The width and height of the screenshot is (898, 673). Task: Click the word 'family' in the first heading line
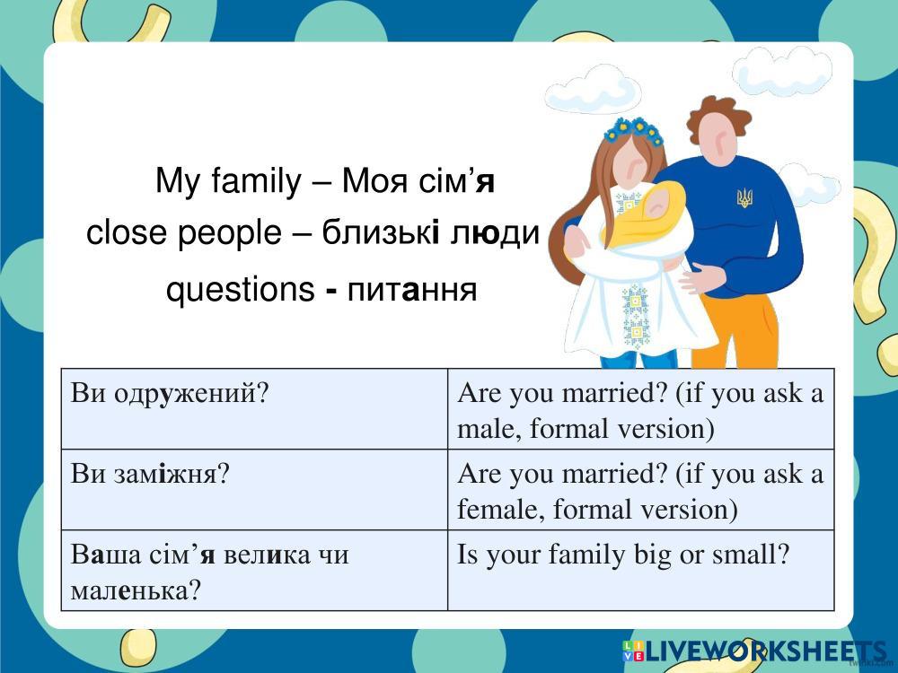click(255, 182)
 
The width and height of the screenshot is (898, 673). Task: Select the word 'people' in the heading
click(229, 234)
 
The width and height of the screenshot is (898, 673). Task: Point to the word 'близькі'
click(380, 233)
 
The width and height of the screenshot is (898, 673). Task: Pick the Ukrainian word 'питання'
click(412, 290)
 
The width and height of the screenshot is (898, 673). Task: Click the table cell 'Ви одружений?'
click(254, 409)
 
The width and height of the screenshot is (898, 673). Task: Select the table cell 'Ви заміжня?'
click(254, 490)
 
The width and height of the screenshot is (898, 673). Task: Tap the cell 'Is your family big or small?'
click(640, 571)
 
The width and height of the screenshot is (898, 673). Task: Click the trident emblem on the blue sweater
click(744, 197)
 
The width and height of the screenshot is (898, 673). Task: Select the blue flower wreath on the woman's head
click(633, 130)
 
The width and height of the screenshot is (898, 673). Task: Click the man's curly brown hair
click(718, 116)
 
